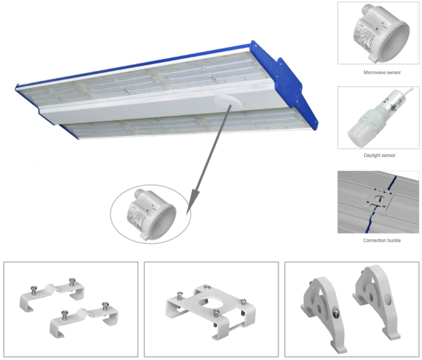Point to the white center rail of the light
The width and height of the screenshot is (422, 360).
[x=146, y=109]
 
